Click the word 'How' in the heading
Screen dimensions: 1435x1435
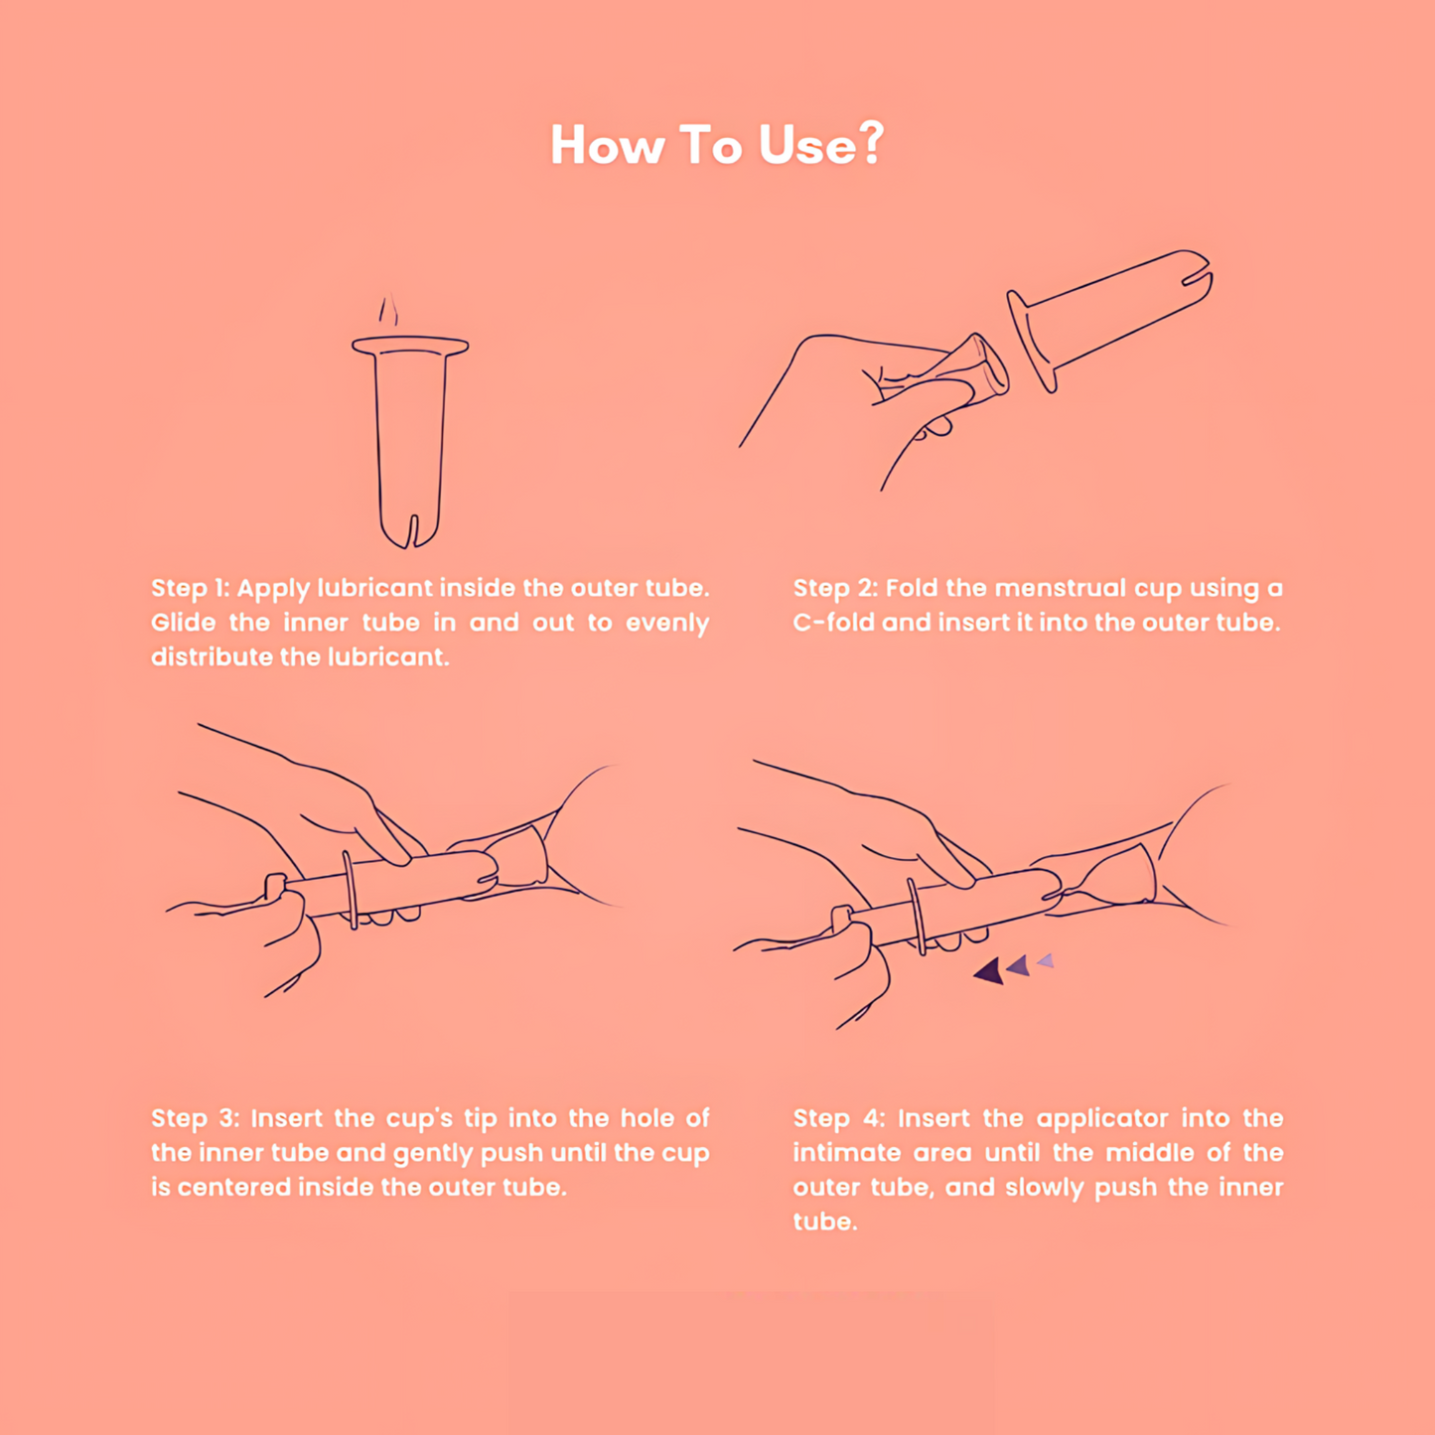[606, 144]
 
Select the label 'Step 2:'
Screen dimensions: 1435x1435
[834, 588]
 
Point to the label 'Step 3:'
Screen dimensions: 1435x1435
[195, 1118]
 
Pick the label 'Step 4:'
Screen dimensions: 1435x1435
[839, 1118]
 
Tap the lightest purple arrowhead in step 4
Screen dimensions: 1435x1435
[1046, 960]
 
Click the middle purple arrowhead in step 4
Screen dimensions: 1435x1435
[1018, 966]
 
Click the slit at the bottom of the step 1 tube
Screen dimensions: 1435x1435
[412, 530]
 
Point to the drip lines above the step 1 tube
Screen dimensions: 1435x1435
[388, 309]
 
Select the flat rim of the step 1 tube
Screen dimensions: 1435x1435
[410, 347]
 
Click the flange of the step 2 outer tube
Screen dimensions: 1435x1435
[1032, 341]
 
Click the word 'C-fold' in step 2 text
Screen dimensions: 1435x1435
[833, 623]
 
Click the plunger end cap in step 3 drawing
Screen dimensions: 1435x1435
[275, 886]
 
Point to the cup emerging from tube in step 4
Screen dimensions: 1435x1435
[1113, 879]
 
